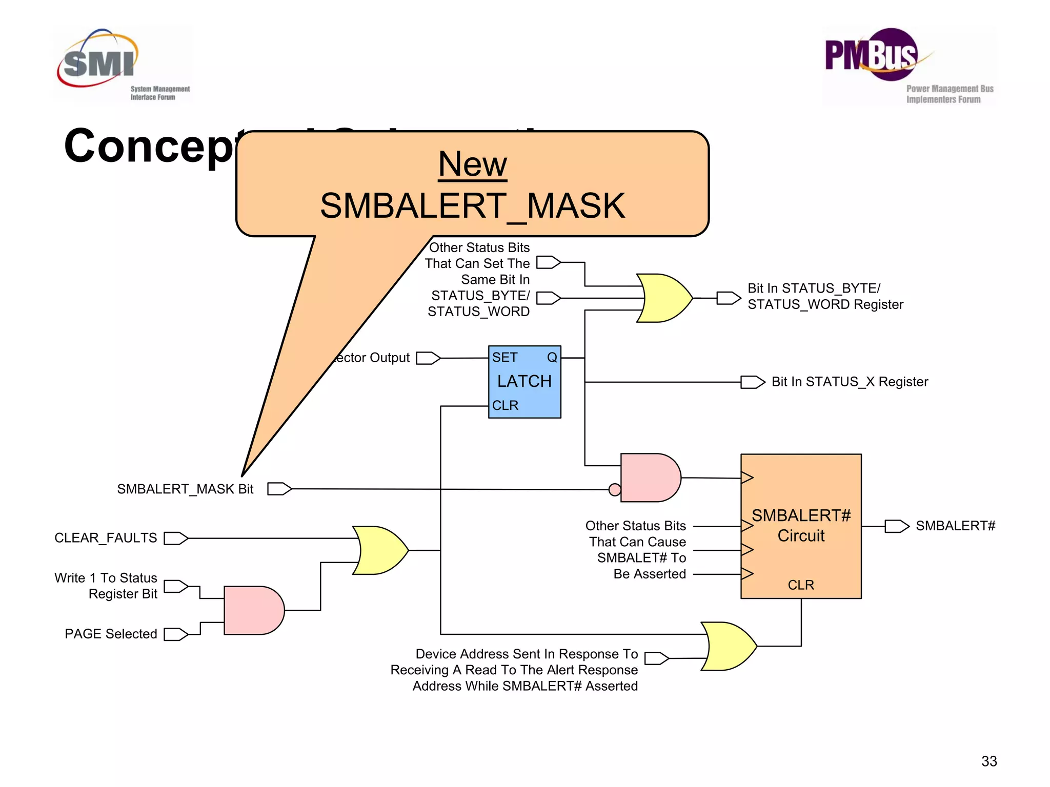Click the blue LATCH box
tap(524, 382)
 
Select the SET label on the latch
tap(504, 358)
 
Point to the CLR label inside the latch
tap(505, 405)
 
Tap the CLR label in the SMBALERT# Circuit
tap(801, 585)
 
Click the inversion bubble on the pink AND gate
tap(615, 490)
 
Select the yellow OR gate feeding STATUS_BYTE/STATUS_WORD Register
tap(664, 298)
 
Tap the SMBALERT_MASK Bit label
tap(185, 489)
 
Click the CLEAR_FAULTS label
tap(106, 538)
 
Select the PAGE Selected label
tap(111, 634)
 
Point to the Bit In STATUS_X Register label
tap(850, 382)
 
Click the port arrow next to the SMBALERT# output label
tap(897, 526)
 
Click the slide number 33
tap(988, 761)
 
